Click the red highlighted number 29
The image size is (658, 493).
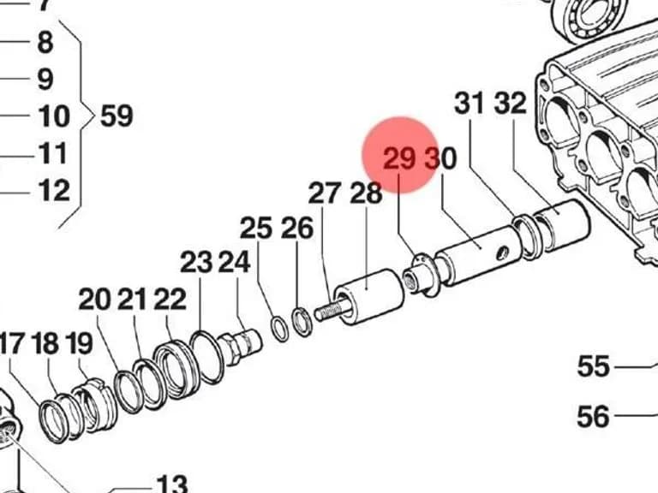point(399,158)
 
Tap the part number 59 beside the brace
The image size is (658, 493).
point(117,116)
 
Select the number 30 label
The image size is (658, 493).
point(440,159)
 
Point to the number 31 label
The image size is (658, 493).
point(470,103)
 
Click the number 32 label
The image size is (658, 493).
point(511,103)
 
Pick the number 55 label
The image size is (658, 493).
point(594,366)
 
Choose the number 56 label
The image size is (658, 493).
point(593,416)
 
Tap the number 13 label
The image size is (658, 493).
point(172,484)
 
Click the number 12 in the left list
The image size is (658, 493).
point(54,190)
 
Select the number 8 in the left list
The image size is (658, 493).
point(45,42)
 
